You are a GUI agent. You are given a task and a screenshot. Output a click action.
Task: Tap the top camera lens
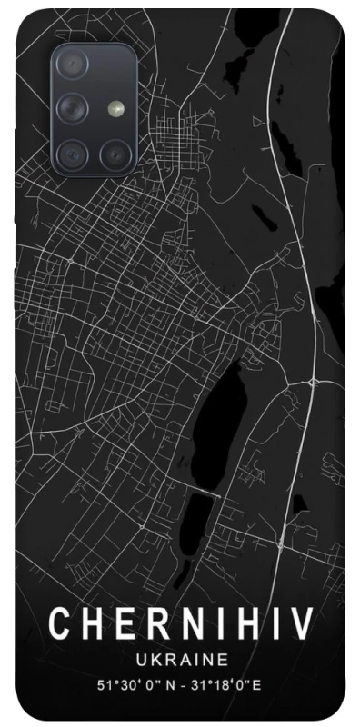[72, 65]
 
